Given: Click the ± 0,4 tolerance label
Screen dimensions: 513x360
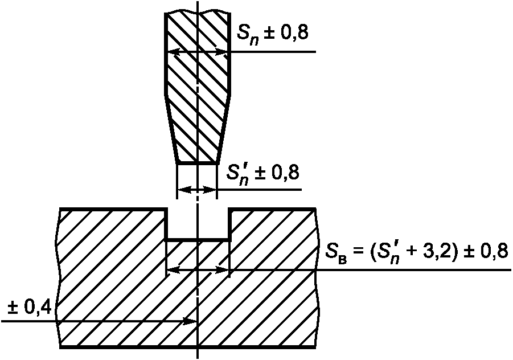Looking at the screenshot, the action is point(30,308).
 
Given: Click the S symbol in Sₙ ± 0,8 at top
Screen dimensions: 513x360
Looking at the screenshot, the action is point(243,32).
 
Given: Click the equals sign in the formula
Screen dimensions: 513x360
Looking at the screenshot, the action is point(358,252).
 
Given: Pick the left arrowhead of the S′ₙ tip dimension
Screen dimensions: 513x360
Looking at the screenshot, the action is point(184,190).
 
